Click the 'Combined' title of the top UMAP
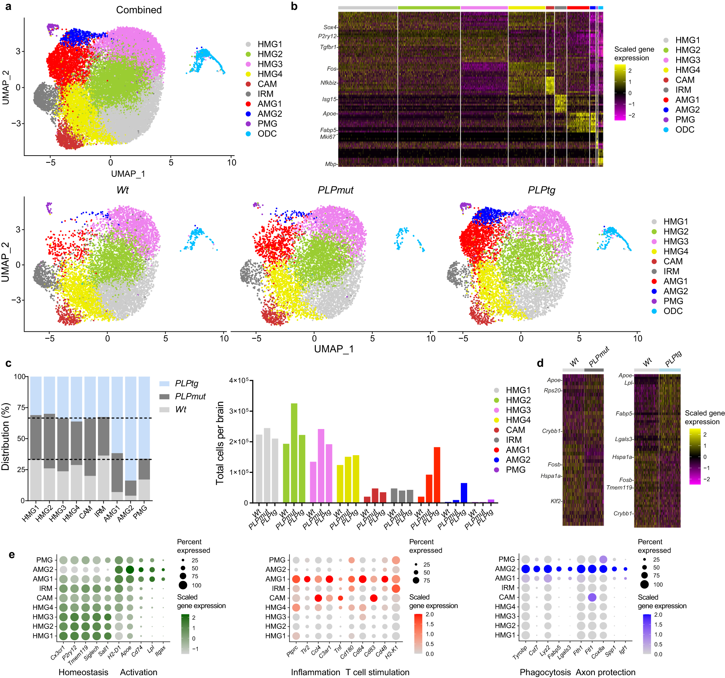point(139,10)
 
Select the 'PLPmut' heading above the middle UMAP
point(335,190)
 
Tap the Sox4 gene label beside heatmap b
point(330,27)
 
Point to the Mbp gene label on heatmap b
point(330,164)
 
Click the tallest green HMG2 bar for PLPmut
point(294,453)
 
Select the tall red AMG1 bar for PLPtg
point(437,475)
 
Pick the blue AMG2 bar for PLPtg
point(464,492)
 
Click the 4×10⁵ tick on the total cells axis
point(238,381)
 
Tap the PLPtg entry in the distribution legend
point(186,383)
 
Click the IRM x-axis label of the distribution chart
point(100,511)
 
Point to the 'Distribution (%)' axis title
point(5,436)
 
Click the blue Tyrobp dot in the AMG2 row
point(526,569)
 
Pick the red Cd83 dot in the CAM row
point(373,598)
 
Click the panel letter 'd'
point(540,363)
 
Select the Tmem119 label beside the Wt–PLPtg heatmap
point(619,487)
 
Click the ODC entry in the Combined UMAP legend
point(267,133)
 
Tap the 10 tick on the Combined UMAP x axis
point(232,163)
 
